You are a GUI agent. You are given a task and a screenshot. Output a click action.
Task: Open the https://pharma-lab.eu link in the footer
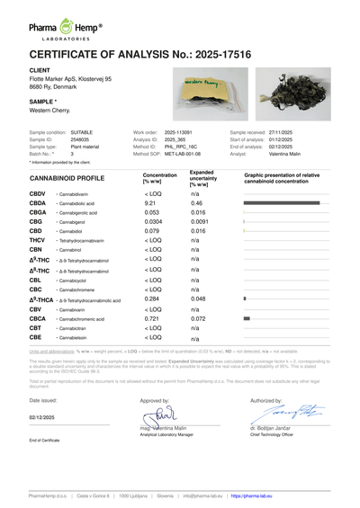[x=261, y=495]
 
